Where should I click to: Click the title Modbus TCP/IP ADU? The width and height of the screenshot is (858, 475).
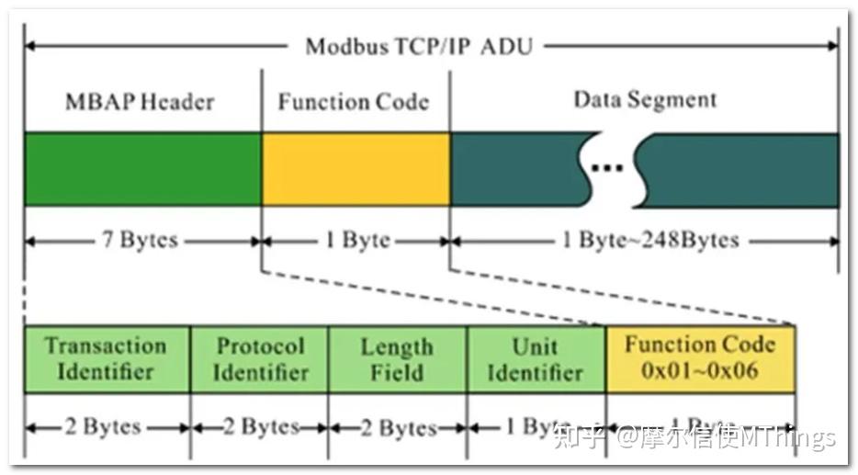tap(418, 45)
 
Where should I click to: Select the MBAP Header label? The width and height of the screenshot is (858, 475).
tap(140, 101)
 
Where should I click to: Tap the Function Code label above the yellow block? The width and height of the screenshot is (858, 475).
tap(354, 101)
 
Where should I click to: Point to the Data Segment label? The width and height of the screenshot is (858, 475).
tap(645, 99)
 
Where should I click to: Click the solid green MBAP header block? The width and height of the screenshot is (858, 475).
tap(142, 170)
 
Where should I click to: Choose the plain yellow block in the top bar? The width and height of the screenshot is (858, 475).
tap(356, 170)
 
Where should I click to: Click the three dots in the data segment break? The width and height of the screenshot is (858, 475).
tap(607, 168)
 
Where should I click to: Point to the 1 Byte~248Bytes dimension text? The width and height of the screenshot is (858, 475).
tap(650, 241)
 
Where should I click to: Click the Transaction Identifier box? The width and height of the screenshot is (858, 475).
tap(107, 359)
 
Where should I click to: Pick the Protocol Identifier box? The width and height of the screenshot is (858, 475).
tap(260, 359)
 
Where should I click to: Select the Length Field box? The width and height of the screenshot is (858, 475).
tap(397, 359)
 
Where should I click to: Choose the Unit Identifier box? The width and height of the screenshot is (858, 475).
tap(535, 359)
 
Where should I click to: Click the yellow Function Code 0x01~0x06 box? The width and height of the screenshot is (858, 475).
tap(700, 359)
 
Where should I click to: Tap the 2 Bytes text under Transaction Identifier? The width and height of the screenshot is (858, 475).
tap(104, 427)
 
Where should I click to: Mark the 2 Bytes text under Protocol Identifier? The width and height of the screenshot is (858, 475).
tap(260, 427)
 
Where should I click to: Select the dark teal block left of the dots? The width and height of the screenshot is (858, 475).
tap(514, 170)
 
